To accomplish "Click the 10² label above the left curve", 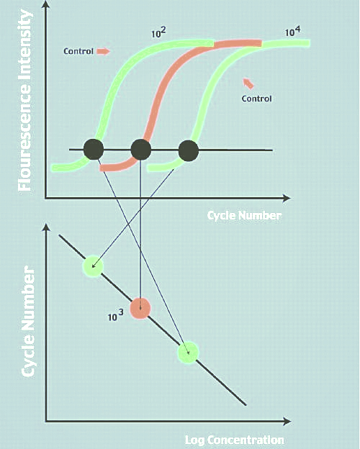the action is click(x=159, y=32).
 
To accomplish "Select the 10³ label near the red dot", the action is click(x=115, y=315).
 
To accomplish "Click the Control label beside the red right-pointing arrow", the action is click(x=78, y=51).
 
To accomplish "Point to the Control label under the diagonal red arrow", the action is click(x=256, y=99).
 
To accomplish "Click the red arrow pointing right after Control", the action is click(x=103, y=51).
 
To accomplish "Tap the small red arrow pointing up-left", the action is click(x=248, y=83).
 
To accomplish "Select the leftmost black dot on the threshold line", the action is click(x=94, y=149).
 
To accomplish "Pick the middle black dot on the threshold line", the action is click(x=140, y=150).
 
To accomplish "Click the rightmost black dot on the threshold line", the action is click(x=189, y=150).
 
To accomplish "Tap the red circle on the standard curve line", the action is click(x=140, y=309).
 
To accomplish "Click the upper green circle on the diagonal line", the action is click(x=93, y=266).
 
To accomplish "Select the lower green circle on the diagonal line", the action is click(x=188, y=353).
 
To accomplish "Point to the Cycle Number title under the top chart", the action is click(x=244, y=216).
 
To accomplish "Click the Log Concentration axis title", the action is click(x=235, y=440).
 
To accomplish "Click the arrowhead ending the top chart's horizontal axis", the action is click(x=287, y=198).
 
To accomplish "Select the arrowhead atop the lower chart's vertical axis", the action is click(x=46, y=228).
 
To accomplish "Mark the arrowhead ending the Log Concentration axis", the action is click(x=287, y=421).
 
